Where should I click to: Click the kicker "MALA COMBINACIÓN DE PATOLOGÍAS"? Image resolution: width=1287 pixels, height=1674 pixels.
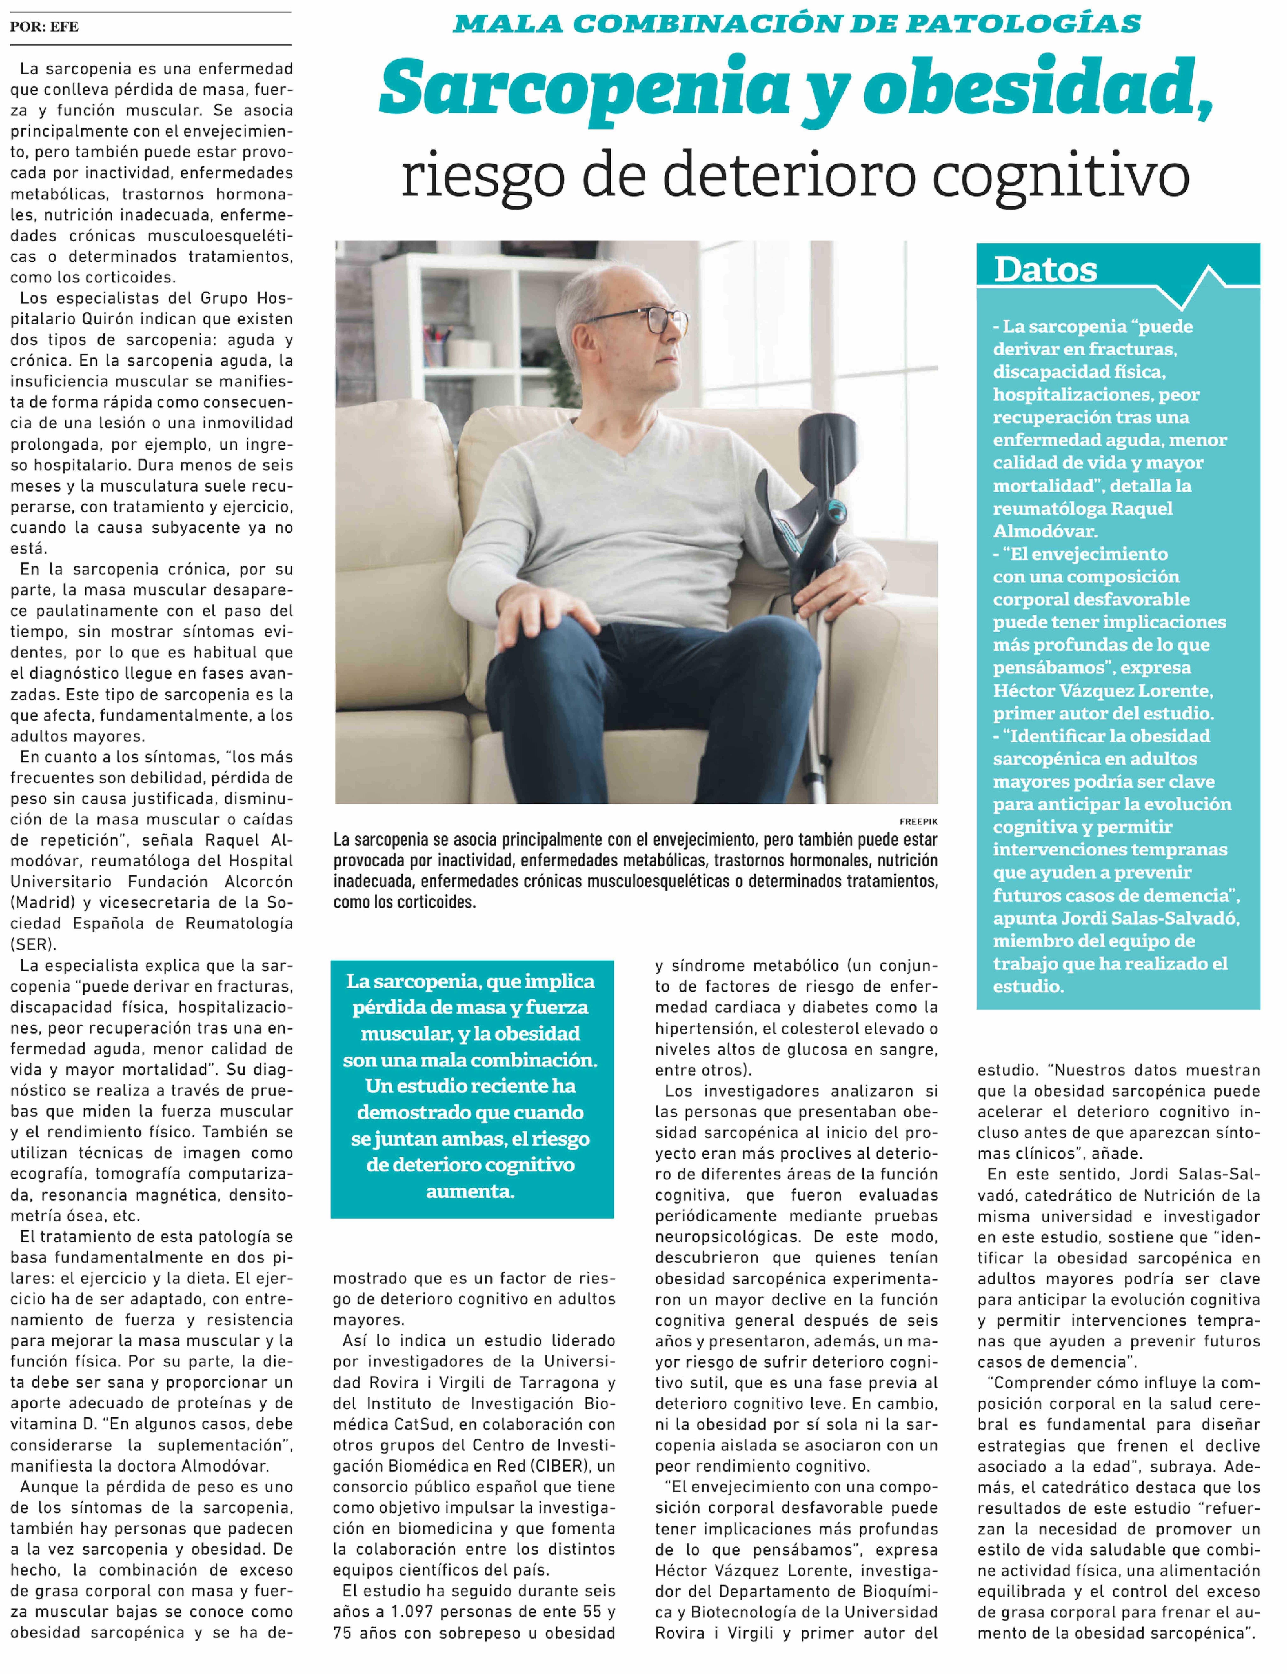(797, 25)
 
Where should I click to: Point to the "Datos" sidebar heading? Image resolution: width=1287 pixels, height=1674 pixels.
(1045, 270)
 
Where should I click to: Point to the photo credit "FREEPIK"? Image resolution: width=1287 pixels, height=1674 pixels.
(919, 821)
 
